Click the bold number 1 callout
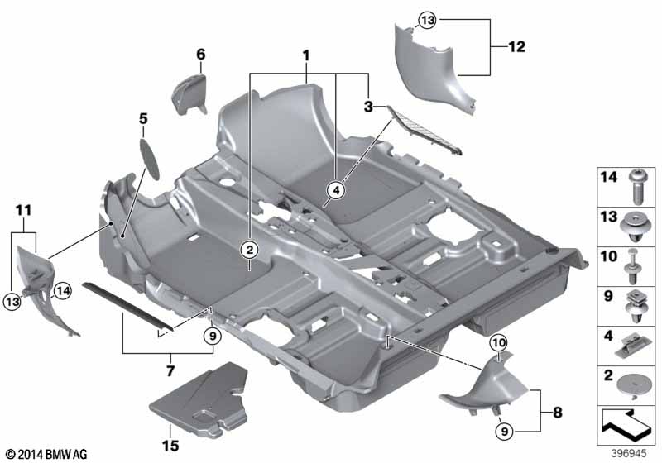(x=306, y=57)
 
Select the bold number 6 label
(x=200, y=55)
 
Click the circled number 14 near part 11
(x=62, y=289)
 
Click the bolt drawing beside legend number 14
(x=636, y=185)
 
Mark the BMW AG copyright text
(x=46, y=454)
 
